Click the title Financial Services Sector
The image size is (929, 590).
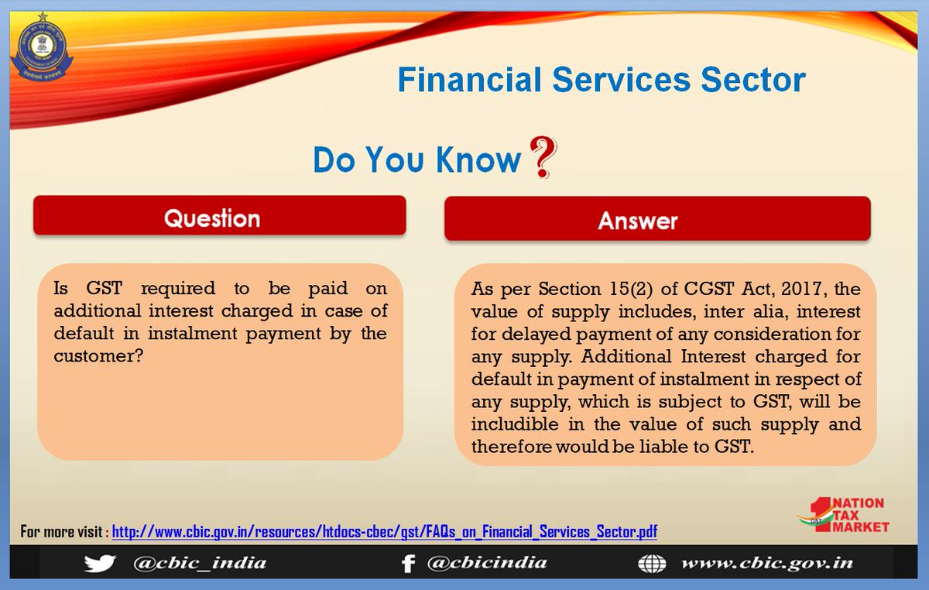click(601, 80)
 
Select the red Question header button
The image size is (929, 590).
click(219, 216)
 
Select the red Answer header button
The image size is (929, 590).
click(657, 221)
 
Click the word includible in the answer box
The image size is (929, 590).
click(510, 425)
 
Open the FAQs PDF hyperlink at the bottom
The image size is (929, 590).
click(385, 532)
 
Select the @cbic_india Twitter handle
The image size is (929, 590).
click(200, 563)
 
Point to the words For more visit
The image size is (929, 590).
click(63, 532)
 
